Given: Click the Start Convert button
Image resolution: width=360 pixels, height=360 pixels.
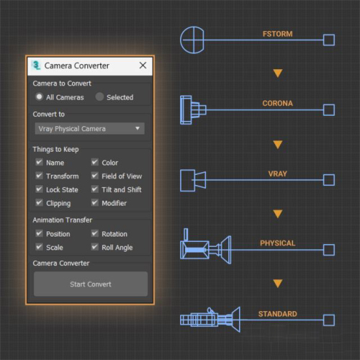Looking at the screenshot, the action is [x=91, y=284].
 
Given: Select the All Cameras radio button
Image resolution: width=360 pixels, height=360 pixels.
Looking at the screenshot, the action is [x=39, y=96].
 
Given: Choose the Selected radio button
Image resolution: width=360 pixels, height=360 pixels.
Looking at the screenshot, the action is [x=99, y=96].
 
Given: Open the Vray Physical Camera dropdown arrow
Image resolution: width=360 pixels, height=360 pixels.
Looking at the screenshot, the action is [x=138, y=128].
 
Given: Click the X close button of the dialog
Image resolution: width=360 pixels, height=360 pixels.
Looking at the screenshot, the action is [x=143, y=66].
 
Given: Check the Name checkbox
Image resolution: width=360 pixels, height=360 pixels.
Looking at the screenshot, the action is [x=39, y=162].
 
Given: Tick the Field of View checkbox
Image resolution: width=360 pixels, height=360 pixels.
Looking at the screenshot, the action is [x=95, y=176].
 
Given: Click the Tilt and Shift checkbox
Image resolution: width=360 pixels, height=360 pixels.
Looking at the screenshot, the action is [x=95, y=189].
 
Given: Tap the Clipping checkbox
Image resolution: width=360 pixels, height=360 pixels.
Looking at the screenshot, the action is [x=39, y=202].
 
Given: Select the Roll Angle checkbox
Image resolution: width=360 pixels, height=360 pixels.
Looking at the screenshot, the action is [x=95, y=247].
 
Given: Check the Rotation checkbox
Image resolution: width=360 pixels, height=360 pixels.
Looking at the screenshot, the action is [x=95, y=233].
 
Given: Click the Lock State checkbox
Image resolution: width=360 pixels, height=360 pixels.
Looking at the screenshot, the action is [x=39, y=189].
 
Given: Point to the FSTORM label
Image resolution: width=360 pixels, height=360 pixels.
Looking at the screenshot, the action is [x=278, y=34].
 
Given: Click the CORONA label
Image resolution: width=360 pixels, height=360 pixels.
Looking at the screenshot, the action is [x=278, y=103].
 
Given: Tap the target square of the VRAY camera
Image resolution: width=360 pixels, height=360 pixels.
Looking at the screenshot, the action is [x=329, y=180].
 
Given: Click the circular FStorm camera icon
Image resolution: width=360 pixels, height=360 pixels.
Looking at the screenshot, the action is [x=192, y=40].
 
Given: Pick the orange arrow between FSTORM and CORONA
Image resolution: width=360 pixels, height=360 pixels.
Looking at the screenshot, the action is [x=278, y=73].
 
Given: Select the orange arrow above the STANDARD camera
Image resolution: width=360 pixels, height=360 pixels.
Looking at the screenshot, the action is [x=278, y=284].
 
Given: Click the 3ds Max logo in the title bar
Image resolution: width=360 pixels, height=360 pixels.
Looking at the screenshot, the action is [x=36, y=65].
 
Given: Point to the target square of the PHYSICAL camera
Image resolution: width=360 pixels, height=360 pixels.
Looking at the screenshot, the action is [x=329, y=250].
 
